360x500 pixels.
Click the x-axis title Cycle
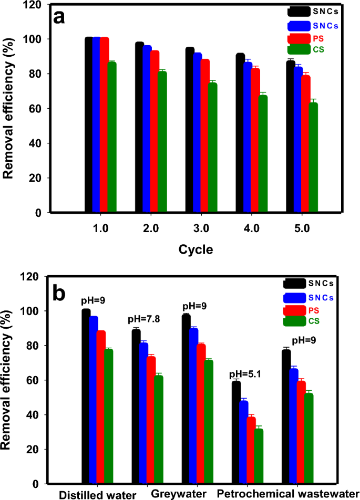(x=195, y=249)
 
